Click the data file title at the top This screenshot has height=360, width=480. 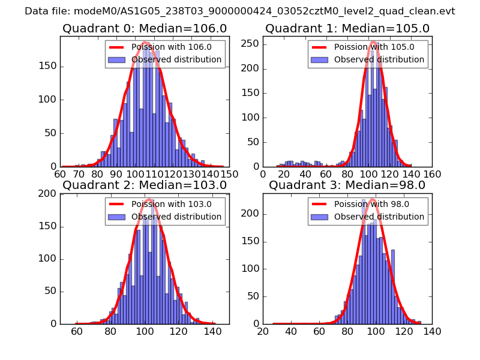tap(240, 11)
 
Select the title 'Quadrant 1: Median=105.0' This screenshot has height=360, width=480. tap(347, 29)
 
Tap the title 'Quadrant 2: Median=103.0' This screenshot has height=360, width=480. tap(145, 185)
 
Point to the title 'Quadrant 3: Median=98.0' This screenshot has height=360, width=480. tap(347, 185)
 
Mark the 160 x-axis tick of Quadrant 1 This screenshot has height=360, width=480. tap(432, 174)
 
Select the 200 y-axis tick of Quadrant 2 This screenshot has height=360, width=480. tap(51, 194)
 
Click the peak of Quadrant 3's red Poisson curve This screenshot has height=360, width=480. tap(373, 199)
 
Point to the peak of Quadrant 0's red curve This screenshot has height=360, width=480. tap(145, 43)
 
